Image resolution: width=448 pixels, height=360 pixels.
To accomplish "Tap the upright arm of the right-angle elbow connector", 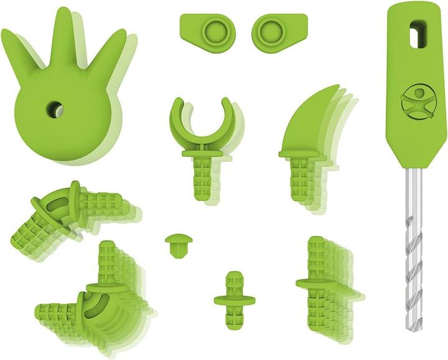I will pyautogui.click(x=106, y=262).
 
